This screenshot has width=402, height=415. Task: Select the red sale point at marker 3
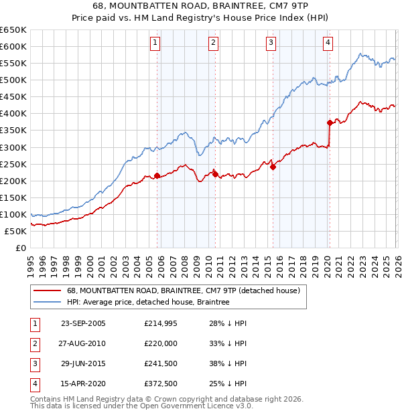[273, 167]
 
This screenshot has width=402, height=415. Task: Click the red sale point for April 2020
[329, 122]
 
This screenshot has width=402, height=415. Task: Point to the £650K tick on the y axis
[13, 30]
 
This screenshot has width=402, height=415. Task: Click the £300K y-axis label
[13, 147]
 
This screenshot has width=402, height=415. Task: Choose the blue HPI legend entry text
[148, 302]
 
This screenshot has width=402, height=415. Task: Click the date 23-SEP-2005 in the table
[83, 324]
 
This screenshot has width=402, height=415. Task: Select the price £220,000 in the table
[161, 344]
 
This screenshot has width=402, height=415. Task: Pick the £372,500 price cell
[161, 384]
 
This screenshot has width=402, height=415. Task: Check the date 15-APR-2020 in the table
[83, 384]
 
